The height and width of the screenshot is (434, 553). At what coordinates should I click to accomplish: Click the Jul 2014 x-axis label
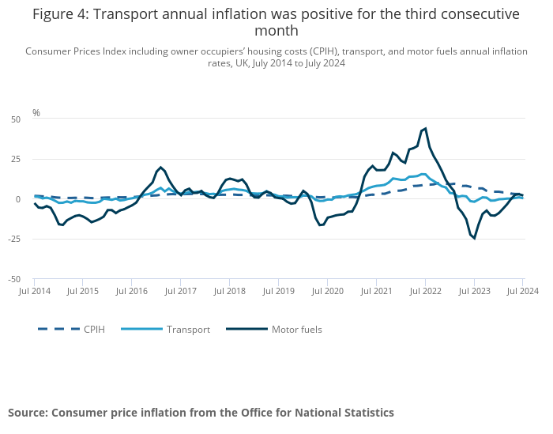(35, 292)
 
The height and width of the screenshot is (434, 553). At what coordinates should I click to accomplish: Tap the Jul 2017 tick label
(181, 292)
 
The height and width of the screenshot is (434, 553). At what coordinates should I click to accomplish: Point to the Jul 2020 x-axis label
(327, 292)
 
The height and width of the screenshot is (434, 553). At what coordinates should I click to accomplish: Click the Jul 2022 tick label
(425, 292)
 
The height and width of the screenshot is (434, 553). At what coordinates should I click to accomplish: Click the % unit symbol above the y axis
(36, 113)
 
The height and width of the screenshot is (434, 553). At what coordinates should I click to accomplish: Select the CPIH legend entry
(94, 329)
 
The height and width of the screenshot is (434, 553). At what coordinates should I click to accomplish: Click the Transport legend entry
(188, 329)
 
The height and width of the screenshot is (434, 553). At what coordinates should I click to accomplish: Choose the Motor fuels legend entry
(296, 329)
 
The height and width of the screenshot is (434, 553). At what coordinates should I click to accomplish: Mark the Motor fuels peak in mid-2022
(426, 128)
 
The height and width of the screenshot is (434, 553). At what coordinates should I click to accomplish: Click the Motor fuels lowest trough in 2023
(474, 238)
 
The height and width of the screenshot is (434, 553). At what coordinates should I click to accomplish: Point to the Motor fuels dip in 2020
(320, 225)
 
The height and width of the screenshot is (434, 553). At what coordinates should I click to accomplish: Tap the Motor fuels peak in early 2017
(161, 168)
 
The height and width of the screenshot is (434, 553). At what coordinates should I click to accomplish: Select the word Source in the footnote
(27, 413)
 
